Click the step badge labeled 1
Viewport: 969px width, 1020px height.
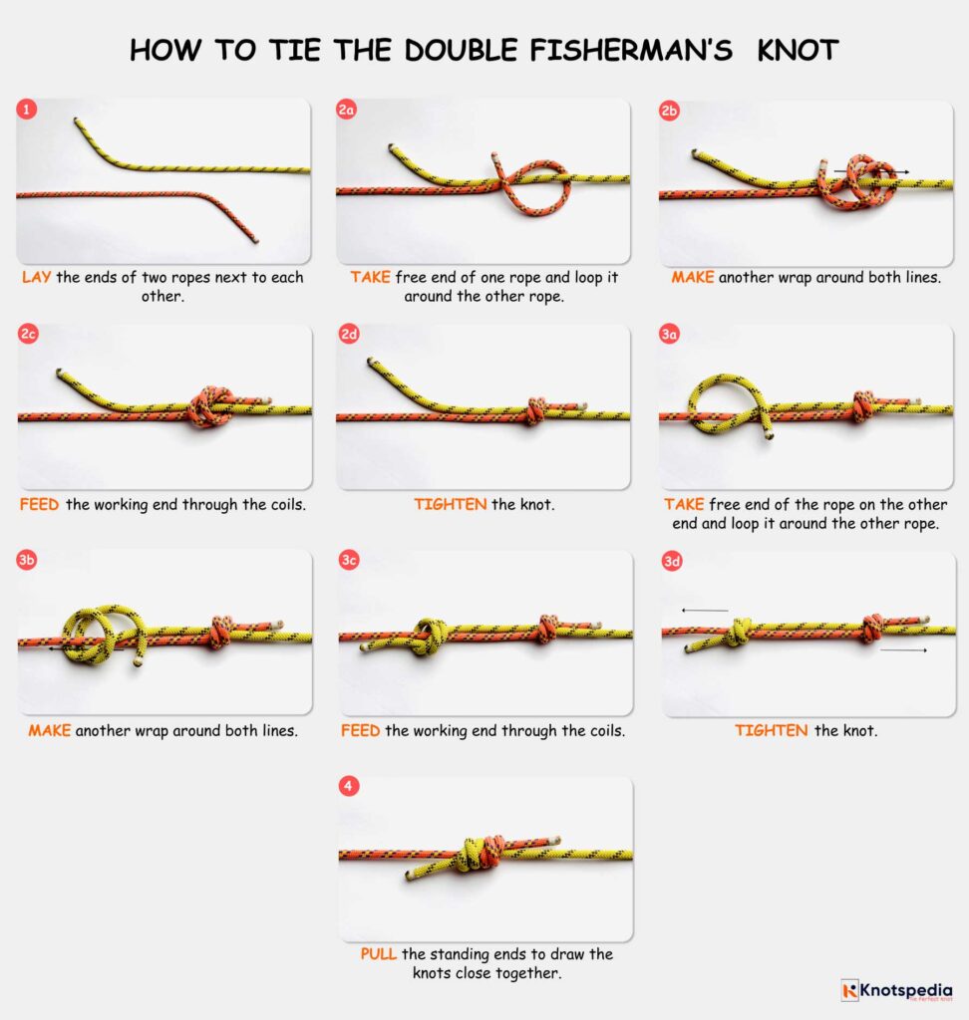pyautogui.click(x=27, y=110)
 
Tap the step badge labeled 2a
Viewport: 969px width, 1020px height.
pyautogui.click(x=347, y=110)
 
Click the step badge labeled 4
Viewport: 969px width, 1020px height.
pyautogui.click(x=347, y=787)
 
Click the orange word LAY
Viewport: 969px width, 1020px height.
pyautogui.click(x=37, y=277)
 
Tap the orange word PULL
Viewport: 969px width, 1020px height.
pyautogui.click(x=379, y=954)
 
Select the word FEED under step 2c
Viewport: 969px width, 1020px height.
pyautogui.click(x=40, y=504)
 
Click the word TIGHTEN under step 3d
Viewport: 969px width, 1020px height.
pyautogui.click(x=771, y=730)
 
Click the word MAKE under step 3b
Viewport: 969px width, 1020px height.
pyautogui.click(x=49, y=730)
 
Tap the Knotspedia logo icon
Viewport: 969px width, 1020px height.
pyautogui.click(x=849, y=989)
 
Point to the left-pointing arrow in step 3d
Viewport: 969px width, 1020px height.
pyautogui.click(x=704, y=610)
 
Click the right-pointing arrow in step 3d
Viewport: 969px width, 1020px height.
pyautogui.click(x=903, y=650)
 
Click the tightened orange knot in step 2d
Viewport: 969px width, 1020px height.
pyautogui.click(x=535, y=410)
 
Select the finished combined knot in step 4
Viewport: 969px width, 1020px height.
pyautogui.click(x=480, y=854)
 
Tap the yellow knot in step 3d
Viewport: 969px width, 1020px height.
pyautogui.click(x=738, y=633)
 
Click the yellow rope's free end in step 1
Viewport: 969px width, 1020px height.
pyautogui.click(x=77, y=122)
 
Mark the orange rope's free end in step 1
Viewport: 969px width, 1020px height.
pyautogui.click(x=254, y=239)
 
